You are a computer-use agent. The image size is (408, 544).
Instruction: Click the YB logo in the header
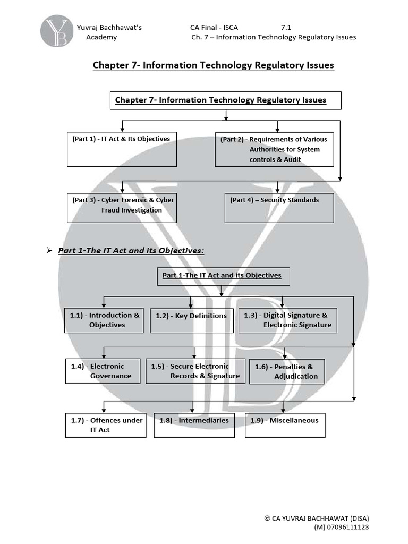pos(56,31)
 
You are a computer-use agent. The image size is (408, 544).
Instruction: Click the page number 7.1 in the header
pos(287,27)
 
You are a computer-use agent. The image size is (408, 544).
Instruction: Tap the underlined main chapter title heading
pos(213,65)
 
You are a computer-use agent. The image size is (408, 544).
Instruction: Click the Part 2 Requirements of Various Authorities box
pos(274,149)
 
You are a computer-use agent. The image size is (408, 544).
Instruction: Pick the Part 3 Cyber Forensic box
pos(122,207)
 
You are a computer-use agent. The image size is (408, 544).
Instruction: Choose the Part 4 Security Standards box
pos(279,207)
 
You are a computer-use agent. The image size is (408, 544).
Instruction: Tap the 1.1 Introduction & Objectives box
pos(104,320)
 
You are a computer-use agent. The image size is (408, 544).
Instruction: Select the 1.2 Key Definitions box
pos(191,320)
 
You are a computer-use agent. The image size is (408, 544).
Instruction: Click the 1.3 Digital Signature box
pos(287,320)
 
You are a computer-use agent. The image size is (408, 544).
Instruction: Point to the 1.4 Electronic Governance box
pos(103,371)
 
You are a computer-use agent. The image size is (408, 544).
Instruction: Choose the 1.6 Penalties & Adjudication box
pos(286,371)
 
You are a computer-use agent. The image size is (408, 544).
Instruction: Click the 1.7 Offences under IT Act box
pos(105,425)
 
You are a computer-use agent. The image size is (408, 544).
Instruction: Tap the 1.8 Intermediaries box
pos(194,425)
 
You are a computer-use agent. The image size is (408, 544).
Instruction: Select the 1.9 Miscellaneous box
pos(284,425)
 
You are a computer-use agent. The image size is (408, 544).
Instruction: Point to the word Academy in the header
pos(101,37)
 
